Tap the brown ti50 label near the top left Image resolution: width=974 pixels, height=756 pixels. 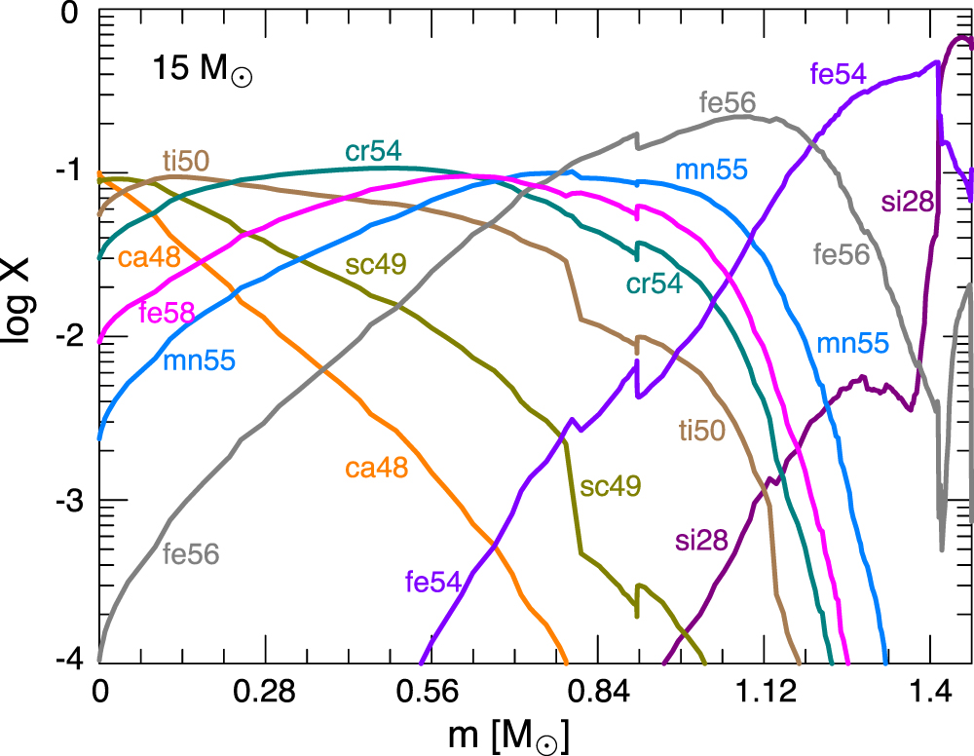pos(186,162)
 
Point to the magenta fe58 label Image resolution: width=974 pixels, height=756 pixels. pos(168,313)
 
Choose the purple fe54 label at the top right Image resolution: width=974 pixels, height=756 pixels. pos(838,72)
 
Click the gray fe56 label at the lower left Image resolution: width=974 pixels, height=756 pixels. pos(190,554)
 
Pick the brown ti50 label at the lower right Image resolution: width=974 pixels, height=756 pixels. pos(701,429)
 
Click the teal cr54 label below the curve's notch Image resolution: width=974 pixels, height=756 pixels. pos(654,283)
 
